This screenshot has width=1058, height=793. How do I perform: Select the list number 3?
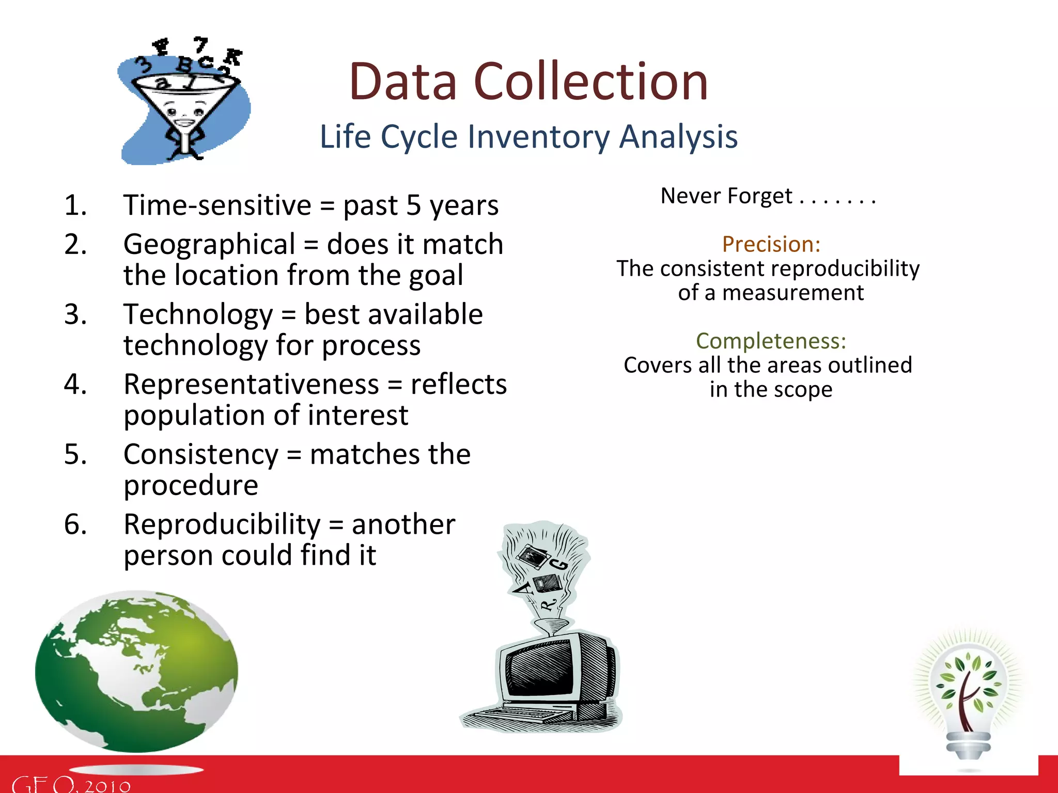click(x=75, y=314)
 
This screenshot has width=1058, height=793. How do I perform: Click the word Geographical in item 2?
click(x=209, y=244)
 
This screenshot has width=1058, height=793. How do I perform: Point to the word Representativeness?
click(x=252, y=385)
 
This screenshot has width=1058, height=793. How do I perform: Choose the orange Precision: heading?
click(x=771, y=244)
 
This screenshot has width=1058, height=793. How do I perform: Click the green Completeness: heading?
click(x=771, y=341)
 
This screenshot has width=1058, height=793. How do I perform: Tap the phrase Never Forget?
click(x=726, y=196)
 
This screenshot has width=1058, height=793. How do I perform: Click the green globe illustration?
click(x=137, y=671)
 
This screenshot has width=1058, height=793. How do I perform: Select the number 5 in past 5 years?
click(x=413, y=205)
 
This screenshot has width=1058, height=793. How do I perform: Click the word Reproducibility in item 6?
click(x=222, y=525)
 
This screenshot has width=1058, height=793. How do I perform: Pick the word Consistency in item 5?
click(x=201, y=455)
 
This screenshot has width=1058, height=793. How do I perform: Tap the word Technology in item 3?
click(x=198, y=314)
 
